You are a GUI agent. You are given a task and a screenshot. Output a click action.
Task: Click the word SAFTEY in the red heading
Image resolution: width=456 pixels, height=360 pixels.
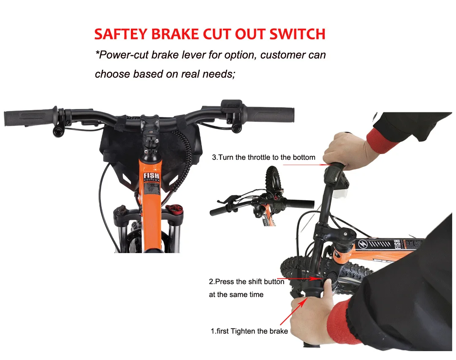pos(121,34)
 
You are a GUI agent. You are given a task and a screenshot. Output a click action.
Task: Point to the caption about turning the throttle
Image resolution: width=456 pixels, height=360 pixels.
pos(263,158)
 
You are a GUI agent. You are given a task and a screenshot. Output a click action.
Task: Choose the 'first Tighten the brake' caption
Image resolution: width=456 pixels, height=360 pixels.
pos(249,331)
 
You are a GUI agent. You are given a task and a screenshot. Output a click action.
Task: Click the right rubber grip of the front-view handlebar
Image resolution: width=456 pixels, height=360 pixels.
pos(270,114)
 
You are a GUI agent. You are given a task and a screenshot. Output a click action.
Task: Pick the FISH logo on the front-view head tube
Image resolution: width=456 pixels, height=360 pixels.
pos(150,175)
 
